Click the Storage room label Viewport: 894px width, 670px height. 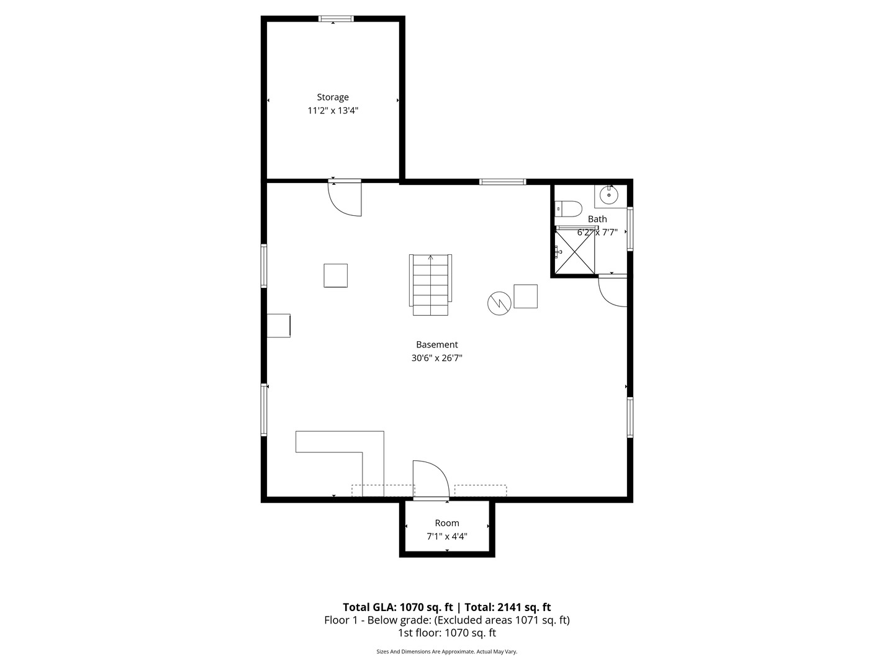click(333, 97)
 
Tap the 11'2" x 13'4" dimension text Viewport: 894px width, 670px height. click(333, 111)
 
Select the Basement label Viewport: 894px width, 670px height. click(437, 345)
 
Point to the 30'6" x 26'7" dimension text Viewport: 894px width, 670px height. click(437, 358)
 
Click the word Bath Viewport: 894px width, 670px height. click(597, 219)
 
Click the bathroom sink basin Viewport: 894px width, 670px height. click(610, 195)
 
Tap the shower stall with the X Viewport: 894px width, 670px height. click(575, 251)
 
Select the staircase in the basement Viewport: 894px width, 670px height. click(430, 284)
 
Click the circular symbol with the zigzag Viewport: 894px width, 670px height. click(499, 303)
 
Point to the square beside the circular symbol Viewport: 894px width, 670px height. click(525, 296)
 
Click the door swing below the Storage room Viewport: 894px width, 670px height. click(346, 199)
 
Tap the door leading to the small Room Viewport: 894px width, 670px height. click(430, 480)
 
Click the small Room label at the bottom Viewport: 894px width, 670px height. click(447, 523)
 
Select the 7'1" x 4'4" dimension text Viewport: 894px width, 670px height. click(447, 537)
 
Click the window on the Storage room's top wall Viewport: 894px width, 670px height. click(336, 19)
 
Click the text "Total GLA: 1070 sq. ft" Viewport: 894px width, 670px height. click(398, 607)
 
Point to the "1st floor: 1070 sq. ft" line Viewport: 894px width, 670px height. click(447, 633)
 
